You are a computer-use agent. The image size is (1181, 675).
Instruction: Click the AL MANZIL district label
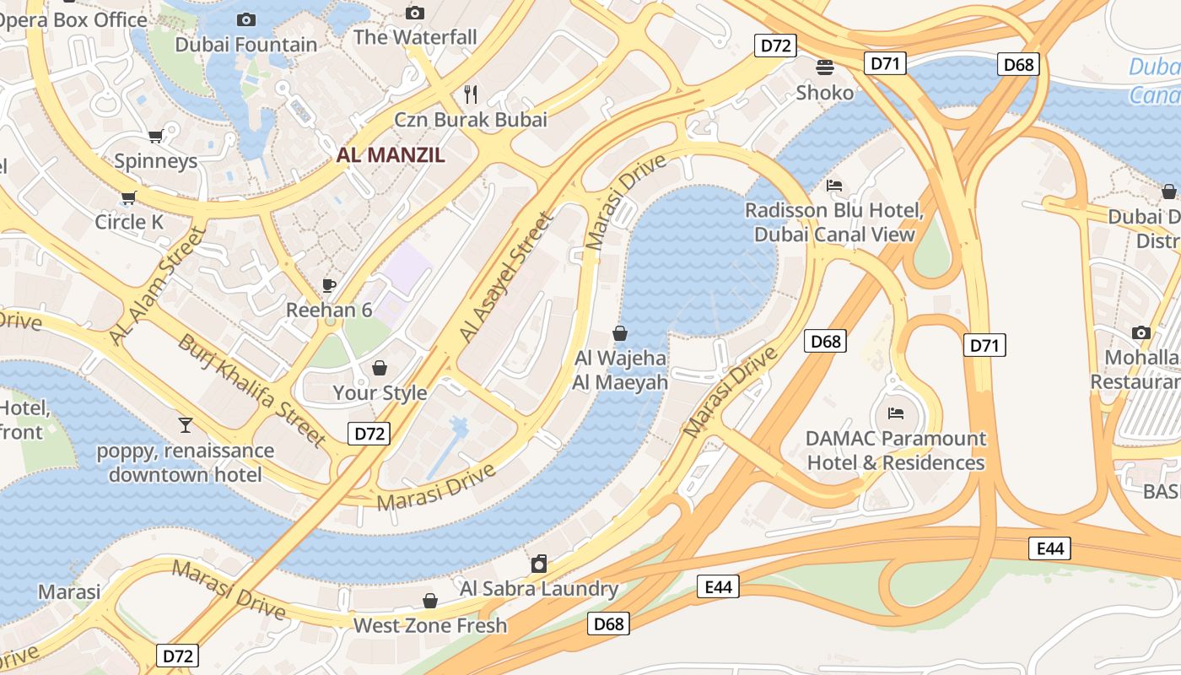[390, 155]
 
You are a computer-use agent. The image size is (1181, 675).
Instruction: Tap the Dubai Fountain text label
[246, 45]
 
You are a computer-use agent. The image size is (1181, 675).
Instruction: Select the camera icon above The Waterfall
[414, 13]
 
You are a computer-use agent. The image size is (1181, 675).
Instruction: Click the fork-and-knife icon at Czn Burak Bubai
[471, 94]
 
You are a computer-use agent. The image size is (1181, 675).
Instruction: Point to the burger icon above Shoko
[824, 67]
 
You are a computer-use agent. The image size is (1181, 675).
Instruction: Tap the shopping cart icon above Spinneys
[155, 136]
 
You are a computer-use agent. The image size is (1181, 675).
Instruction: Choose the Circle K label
[129, 222]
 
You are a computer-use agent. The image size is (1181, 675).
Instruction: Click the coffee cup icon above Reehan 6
[328, 285]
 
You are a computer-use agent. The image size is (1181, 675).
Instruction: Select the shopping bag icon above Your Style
[380, 368]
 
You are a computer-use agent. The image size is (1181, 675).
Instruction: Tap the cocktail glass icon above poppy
[186, 424]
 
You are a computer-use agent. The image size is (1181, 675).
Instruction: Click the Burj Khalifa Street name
[251, 390]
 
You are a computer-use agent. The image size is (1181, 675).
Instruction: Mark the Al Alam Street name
[158, 285]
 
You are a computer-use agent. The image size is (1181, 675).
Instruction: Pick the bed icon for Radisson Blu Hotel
[834, 185]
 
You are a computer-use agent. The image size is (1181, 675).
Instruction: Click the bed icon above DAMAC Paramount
[896, 413]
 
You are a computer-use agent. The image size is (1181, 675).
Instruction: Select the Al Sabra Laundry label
[538, 589]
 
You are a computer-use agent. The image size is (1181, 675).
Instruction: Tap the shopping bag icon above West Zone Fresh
[430, 601]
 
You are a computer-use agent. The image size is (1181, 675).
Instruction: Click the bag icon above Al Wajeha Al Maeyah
[620, 333]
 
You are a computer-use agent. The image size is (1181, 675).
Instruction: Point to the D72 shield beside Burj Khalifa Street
[369, 434]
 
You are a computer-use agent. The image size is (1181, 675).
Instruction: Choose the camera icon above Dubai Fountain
[246, 19]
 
